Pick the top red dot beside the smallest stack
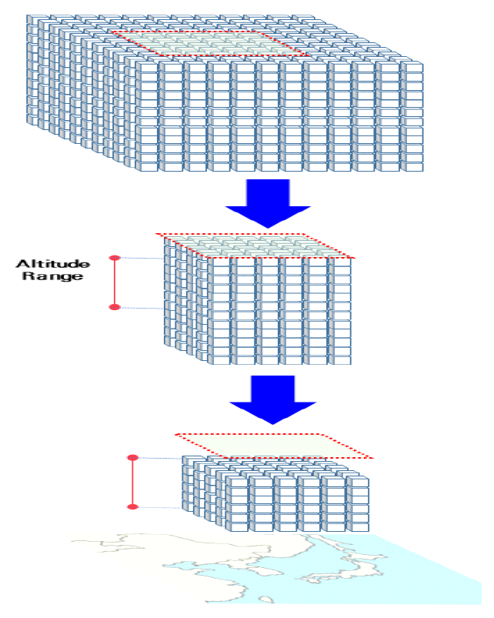tap(132, 458)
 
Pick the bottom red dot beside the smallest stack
tap(132, 506)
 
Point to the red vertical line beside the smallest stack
tap(132, 483)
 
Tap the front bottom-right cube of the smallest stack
tap(357, 524)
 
